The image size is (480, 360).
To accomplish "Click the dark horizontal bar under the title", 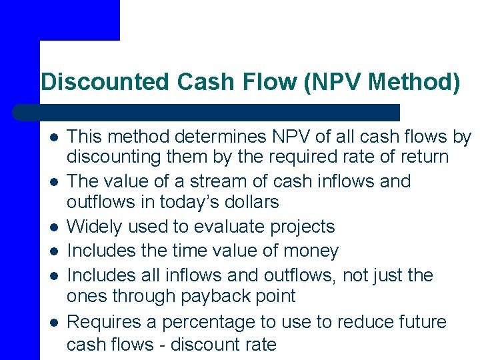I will (207, 112).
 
